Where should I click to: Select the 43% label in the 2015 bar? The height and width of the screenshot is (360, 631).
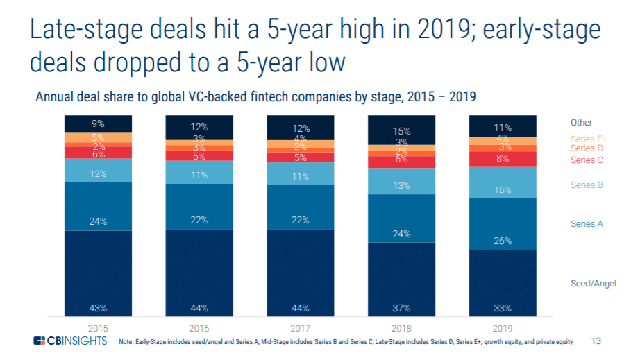tap(98, 308)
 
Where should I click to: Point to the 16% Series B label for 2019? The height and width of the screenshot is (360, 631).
tap(503, 189)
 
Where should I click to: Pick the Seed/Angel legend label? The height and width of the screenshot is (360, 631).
tap(594, 284)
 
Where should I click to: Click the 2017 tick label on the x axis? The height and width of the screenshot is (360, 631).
tap(300, 326)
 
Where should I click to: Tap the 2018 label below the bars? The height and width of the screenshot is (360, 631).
tap(401, 326)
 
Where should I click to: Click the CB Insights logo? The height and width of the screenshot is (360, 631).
tap(70, 341)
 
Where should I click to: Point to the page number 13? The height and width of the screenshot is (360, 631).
tap(596, 341)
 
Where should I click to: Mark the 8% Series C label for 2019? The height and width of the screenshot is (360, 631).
tap(503, 160)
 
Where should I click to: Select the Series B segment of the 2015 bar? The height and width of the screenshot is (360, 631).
tap(98, 170)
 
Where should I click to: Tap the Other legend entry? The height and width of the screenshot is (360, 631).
tap(581, 123)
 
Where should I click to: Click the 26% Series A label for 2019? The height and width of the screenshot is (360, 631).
tap(503, 241)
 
